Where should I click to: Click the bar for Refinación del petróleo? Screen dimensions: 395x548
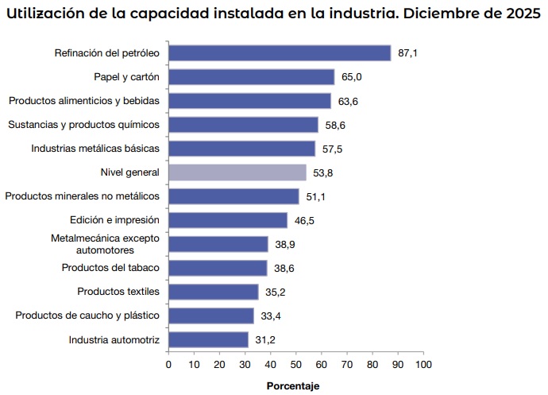pos(280,53)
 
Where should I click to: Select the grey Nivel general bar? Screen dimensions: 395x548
pos(237,172)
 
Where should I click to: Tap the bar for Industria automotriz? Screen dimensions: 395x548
pos(208,340)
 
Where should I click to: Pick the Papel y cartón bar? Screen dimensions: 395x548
pos(251,77)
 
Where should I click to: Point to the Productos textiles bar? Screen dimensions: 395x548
pos(214,292)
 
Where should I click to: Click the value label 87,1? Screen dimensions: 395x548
pos(408,53)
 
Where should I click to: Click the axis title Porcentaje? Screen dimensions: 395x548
pos(292,385)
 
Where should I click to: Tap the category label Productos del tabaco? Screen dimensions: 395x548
pos(110,268)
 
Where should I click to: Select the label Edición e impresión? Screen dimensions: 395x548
pos(115,219)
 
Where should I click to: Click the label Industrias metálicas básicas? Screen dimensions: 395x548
pos(95,148)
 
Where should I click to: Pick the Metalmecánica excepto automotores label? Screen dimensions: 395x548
pos(104,243)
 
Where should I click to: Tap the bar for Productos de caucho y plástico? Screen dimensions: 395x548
pos(211,316)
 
